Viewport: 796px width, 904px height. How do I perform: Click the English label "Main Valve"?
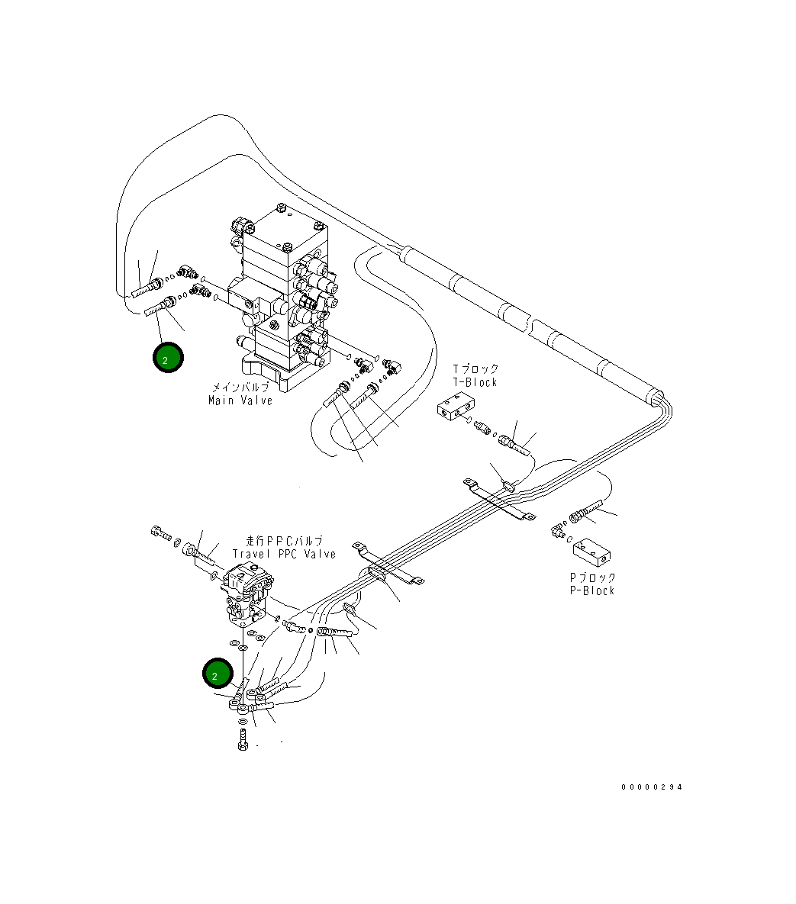click(x=240, y=401)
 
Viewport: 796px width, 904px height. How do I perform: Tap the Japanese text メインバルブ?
click(x=240, y=388)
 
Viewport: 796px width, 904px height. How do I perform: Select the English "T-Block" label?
click(x=475, y=382)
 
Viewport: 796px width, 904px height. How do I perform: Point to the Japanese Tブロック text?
click(x=475, y=370)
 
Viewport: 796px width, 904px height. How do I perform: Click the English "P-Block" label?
click(x=591, y=590)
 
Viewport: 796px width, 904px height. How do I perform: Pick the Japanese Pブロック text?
click(x=591, y=577)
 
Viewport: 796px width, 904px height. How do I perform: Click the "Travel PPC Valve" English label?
click(x=284, y=555)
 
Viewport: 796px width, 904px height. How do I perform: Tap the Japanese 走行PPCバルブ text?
click(x=285, y=542)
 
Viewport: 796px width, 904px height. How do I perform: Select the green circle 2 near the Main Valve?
click(x=168, y=359)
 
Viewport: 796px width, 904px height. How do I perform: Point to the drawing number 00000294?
click(x=652, y=788)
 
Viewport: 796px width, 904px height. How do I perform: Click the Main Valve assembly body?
click(x=282, y=298)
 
